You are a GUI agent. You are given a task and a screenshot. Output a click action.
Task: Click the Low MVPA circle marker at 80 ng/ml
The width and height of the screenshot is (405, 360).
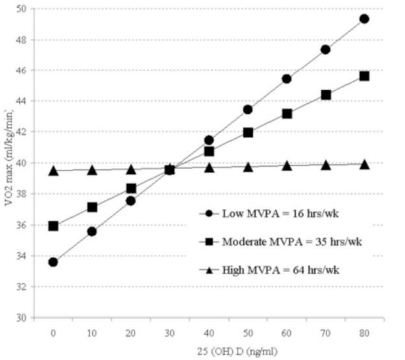coord(364,19)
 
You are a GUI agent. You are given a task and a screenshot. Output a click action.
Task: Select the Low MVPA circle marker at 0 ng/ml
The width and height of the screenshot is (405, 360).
coord(53,262)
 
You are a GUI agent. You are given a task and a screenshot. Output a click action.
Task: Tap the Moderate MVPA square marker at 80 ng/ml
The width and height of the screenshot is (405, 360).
coord(364,76)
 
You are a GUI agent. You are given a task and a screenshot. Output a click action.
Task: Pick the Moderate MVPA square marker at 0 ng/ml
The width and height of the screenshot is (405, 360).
coord(53,226)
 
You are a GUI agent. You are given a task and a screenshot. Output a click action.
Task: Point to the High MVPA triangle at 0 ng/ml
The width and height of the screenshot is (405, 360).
coord(53,171)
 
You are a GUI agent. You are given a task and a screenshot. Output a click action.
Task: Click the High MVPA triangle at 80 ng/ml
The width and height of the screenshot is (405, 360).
coord(364,164)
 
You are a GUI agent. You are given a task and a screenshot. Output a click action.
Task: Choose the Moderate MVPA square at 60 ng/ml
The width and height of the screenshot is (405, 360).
coord(286,114)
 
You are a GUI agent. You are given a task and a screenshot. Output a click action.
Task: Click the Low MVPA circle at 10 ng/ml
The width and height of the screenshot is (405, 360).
coord(92,231)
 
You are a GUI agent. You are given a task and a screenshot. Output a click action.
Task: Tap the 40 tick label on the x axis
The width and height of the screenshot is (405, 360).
coord(208,331)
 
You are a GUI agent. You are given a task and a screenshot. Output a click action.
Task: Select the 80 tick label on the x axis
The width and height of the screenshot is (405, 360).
coord(364,331)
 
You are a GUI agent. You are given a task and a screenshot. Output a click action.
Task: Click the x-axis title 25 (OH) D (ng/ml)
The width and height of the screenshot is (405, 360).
coord(209,352)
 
